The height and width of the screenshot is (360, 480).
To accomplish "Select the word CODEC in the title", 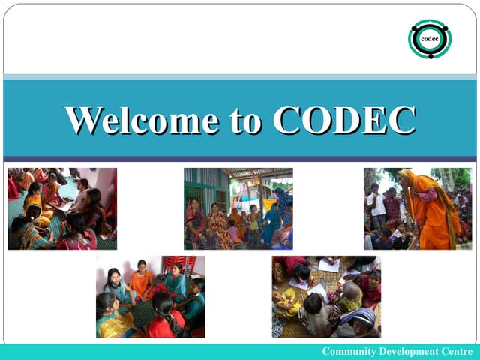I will [344, 120].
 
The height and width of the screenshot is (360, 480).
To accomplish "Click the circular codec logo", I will [429, 39].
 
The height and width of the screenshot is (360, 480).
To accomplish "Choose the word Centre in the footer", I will [457, 352].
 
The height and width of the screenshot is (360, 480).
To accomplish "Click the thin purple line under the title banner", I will [240, 159].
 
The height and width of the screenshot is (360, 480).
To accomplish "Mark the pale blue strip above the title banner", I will [240, 76].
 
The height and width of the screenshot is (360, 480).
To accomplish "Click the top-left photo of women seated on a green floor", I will [62, 208].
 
